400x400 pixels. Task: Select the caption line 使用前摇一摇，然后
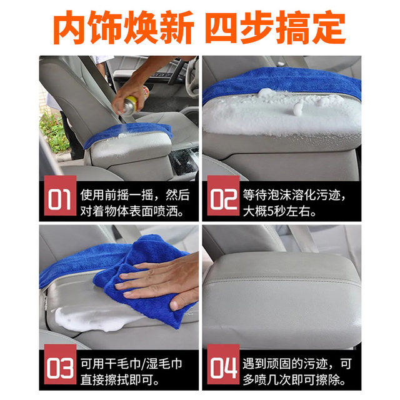click(x=135, y=194)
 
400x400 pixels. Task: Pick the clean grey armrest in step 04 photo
click(x=281, y=294)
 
